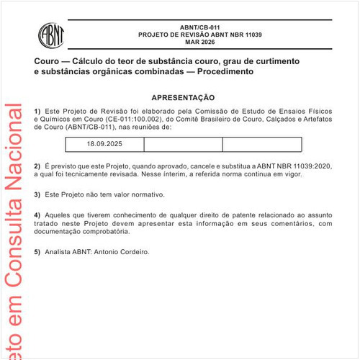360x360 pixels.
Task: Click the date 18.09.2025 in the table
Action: tap(105, 144)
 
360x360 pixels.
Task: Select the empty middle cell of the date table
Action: tap(183, 144)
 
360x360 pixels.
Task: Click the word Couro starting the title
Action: tap(47, 62)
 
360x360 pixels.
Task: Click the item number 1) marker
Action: tap(37, 110)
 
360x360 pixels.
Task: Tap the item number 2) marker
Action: tap(37, 166)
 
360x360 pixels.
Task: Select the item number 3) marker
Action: tap(37, 194)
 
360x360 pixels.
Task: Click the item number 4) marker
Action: tap(37, 215)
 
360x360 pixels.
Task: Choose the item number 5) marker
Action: tap(37, 252)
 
